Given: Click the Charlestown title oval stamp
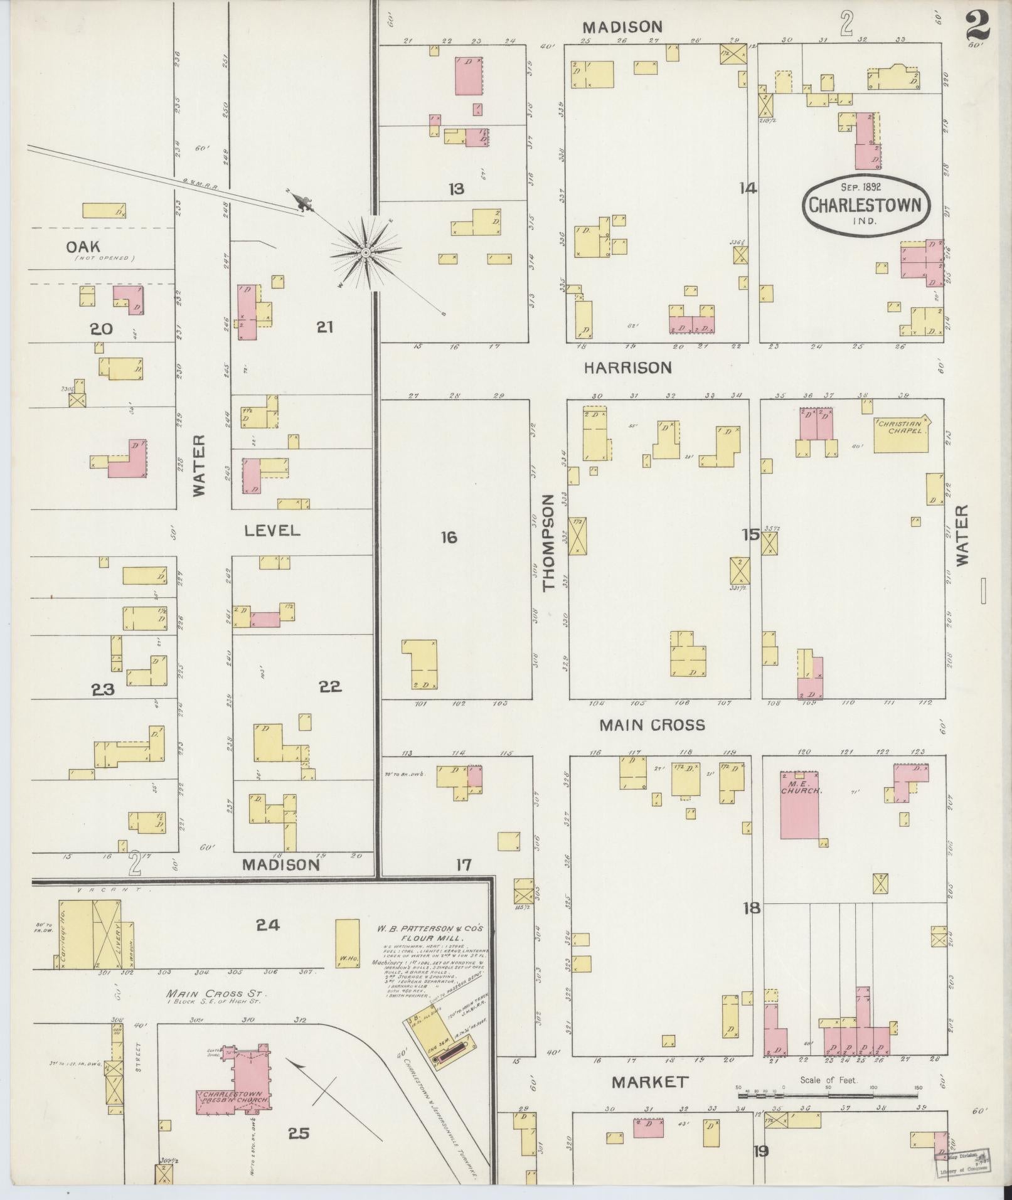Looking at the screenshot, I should pyautogui.click(x=865, y=205).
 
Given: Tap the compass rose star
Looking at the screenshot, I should pyautogui.click(x=366, y=253).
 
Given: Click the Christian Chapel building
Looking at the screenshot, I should pyautogui.click(x=902, y=433).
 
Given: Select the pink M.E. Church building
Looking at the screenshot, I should pyautogui.click(x=799, y=804).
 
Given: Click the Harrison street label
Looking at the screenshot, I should pyautogui.click(x=627, y=368).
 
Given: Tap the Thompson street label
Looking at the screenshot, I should pyautogui.click(x=549, y=542).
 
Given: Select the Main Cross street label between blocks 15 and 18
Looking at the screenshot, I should pyautogui.click(x=652, y=725).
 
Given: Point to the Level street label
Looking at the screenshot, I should pyautogui.click(x=272, y=531).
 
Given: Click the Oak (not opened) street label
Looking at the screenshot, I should pyautogui.click(x=83, y=247).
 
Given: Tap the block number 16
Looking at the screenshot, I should pyautogui.click(x=449, y=538).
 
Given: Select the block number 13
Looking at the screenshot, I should pyautogui.click(x=456, y=188).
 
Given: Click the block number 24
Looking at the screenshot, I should pyautogui.click(x=268, y=925).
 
